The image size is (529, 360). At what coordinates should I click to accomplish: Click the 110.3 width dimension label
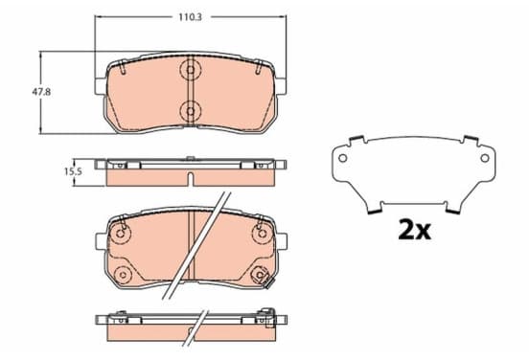(x=190, y=17)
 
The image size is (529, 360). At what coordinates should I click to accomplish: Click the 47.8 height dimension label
(x=41, y=92)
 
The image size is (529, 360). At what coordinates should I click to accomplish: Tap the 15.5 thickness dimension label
(x=73, y=171)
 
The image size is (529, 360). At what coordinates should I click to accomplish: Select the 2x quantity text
(x=415, y=230)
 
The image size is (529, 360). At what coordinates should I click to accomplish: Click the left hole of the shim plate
(x=342, y=158)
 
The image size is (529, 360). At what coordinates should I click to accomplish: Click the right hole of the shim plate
(x=485, y=158)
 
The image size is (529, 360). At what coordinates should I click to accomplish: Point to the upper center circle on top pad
(x=191, y=70)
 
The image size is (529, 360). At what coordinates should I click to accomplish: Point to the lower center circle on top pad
(x=191, y=111)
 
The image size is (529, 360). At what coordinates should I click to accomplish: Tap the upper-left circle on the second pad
(x=121, y=234)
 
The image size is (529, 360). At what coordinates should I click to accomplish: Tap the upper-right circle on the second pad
(x=262, y=234)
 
